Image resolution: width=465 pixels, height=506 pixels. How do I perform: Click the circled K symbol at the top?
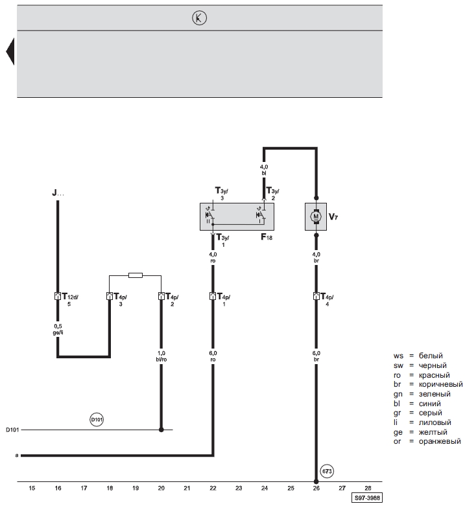(x=199, y=19)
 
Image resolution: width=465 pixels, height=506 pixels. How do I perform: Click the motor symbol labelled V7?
(x=316, y=216)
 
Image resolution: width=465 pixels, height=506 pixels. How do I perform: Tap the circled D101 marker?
(x=97, y=420)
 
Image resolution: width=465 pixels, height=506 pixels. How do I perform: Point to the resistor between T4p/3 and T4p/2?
(x=135, y=275)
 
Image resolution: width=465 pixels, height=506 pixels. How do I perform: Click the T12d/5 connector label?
(x=69, y=300)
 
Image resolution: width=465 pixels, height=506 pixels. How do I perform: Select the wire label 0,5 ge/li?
(x=57, y=328)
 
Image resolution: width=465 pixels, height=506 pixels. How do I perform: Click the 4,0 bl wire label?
(x=264, y=170)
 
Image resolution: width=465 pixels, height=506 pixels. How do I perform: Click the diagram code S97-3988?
(x=366, y=500)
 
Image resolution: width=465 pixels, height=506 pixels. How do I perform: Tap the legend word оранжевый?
(x=440, y=441)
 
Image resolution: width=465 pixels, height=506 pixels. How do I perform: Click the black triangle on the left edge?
(x=10, y=52)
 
